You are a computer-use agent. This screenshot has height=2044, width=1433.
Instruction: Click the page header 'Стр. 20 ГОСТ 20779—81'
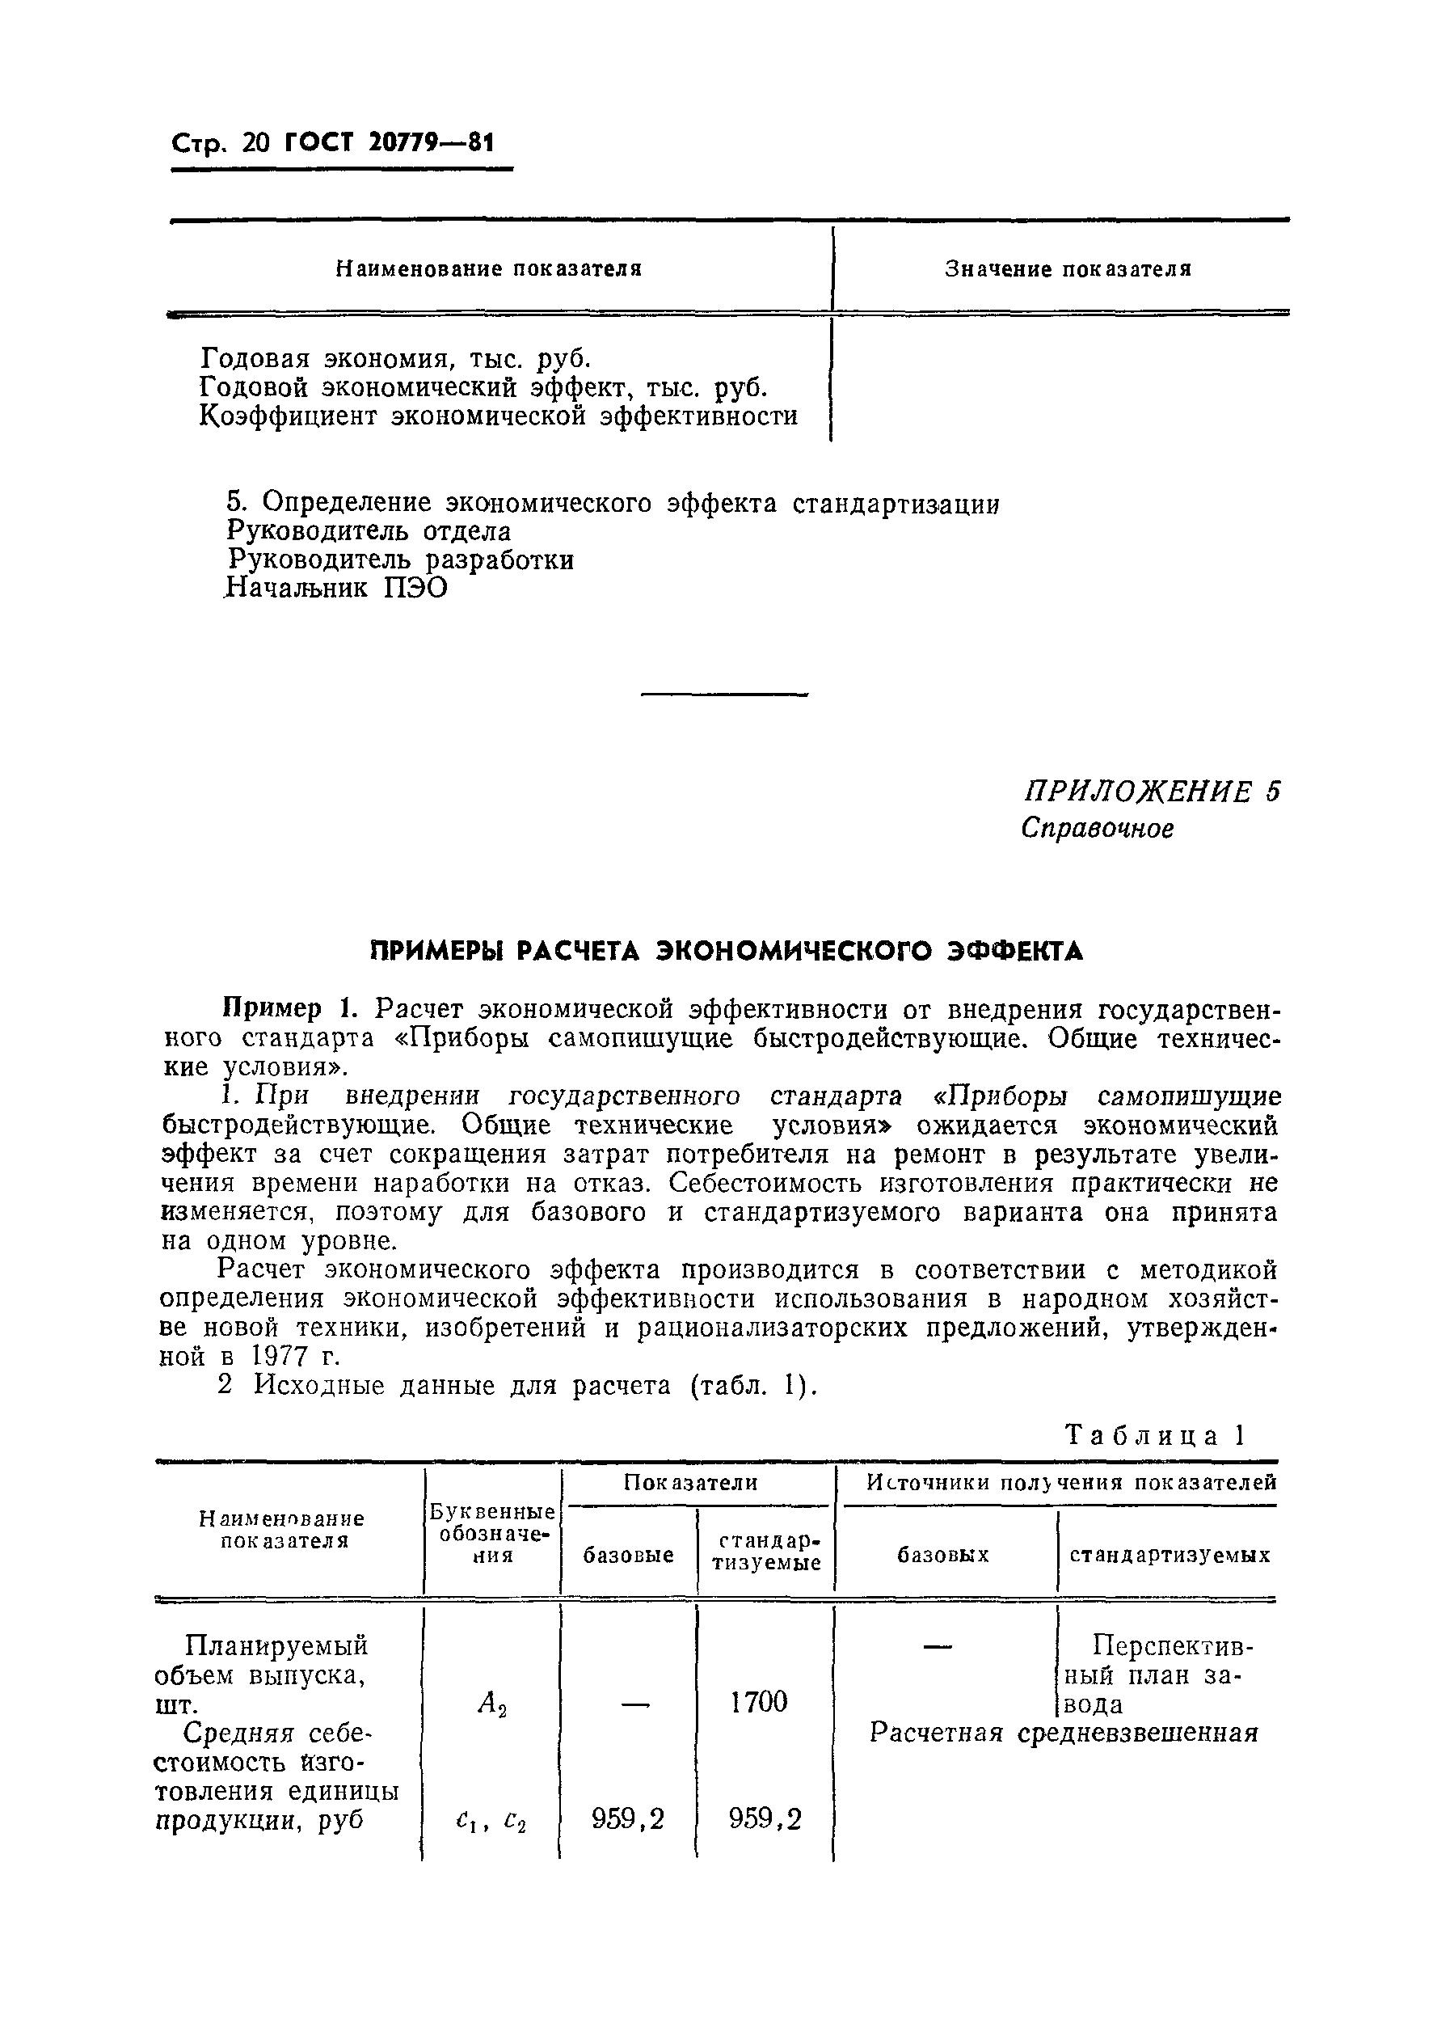(x=331, y=142)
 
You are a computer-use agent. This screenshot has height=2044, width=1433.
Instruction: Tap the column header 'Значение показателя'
(x=1067, y=269)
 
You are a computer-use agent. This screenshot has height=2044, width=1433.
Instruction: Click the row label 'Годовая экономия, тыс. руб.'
(x=395, y=359)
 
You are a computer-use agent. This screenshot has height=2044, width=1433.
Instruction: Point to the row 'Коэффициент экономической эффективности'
(x=498, y=416)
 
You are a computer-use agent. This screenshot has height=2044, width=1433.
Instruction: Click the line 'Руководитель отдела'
(x=369, y=531)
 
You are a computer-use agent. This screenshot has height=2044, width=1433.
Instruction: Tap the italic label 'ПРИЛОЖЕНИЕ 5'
(x=1152, y=791)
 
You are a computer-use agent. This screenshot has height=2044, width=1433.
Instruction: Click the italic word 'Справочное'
(x=1097, y=829)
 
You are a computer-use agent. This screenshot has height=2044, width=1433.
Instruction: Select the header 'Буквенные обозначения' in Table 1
(x=492, y=1533)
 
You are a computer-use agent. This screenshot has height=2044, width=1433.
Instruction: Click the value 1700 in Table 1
(x=758, y=1702)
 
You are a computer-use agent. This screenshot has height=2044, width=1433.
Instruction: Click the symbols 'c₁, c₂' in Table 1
(x=491, y=1822)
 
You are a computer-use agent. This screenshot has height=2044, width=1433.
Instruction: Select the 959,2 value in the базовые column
(x=627, y=1820)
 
